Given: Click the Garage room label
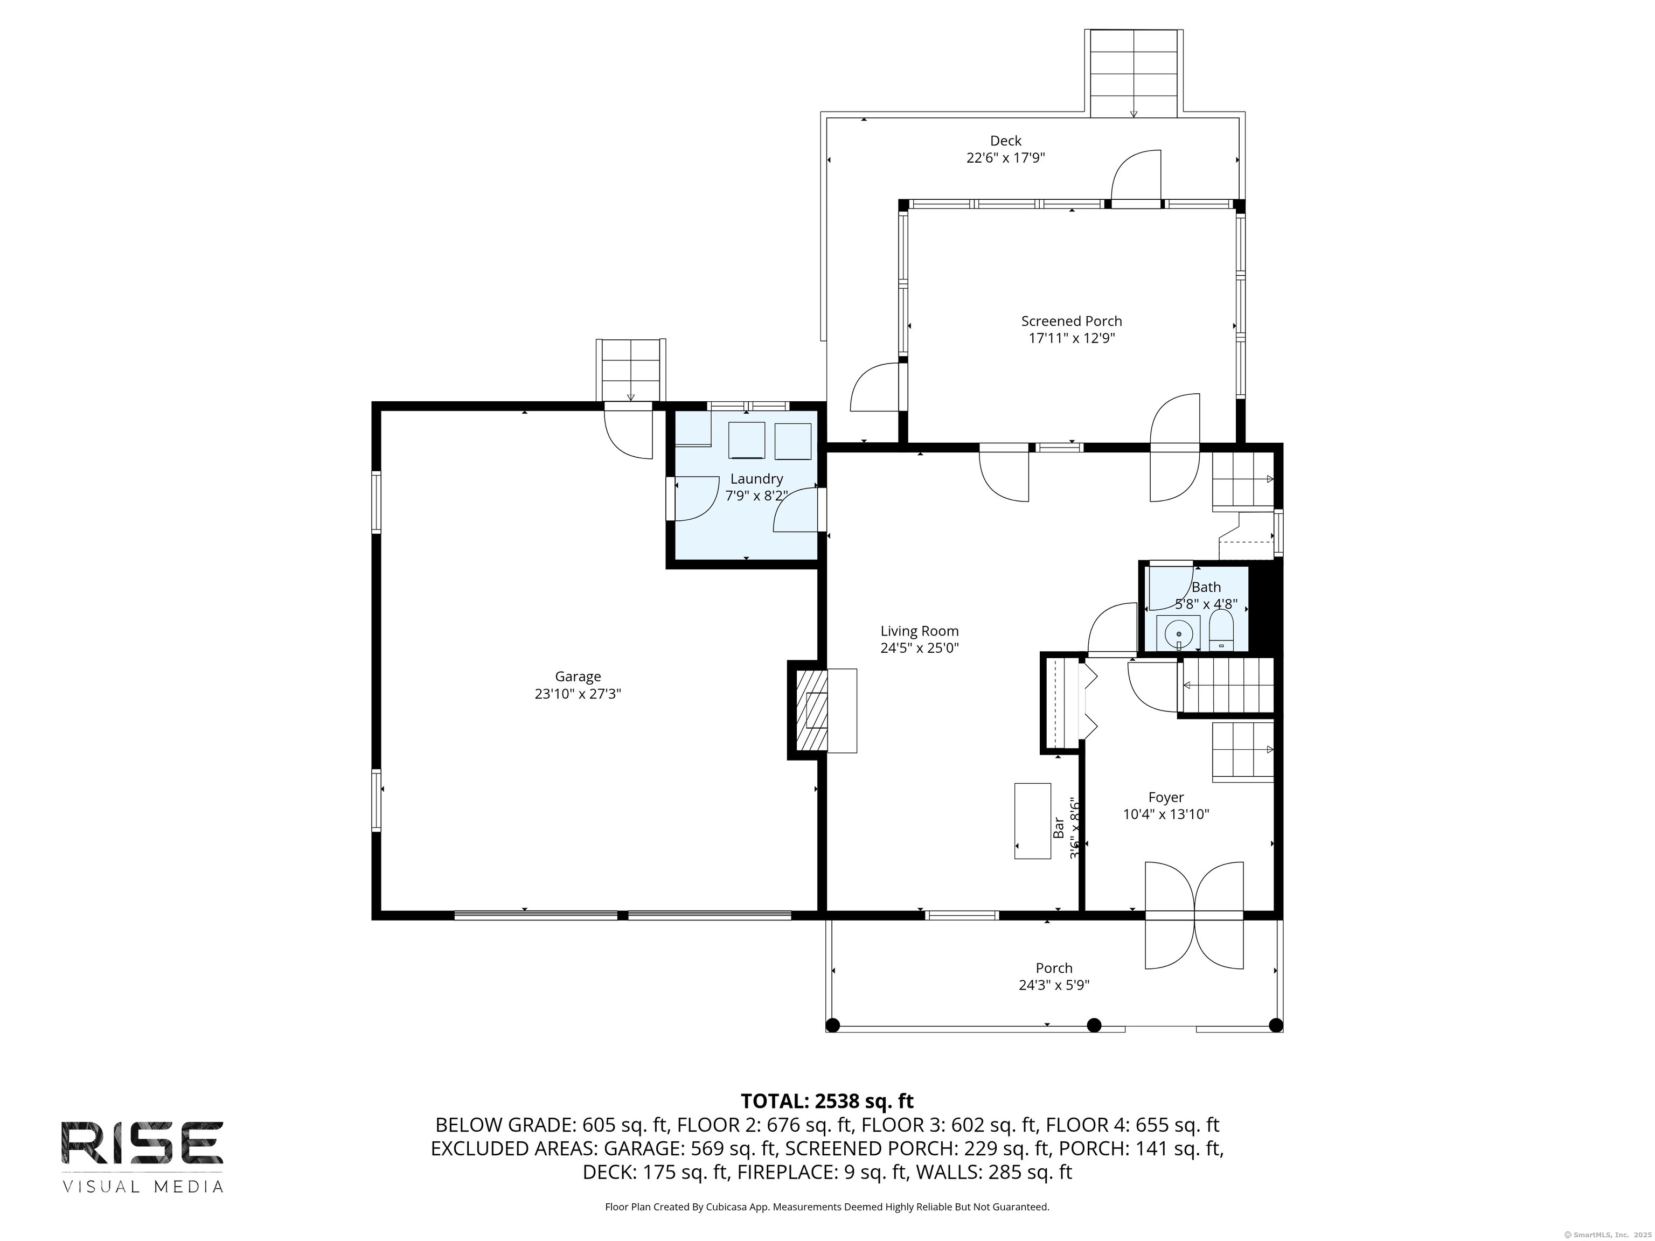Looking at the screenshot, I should (577, 677).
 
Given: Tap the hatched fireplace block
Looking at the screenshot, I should (812, 710).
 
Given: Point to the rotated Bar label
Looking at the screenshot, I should (1058, 827).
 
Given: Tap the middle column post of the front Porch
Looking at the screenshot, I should (1094, 1025).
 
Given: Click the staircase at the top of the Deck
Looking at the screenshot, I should (1134, 73).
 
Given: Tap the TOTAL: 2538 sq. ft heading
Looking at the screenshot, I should (827, 1101).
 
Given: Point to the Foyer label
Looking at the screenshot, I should (1166, 797).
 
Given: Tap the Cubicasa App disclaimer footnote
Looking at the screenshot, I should (827, 1207).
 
